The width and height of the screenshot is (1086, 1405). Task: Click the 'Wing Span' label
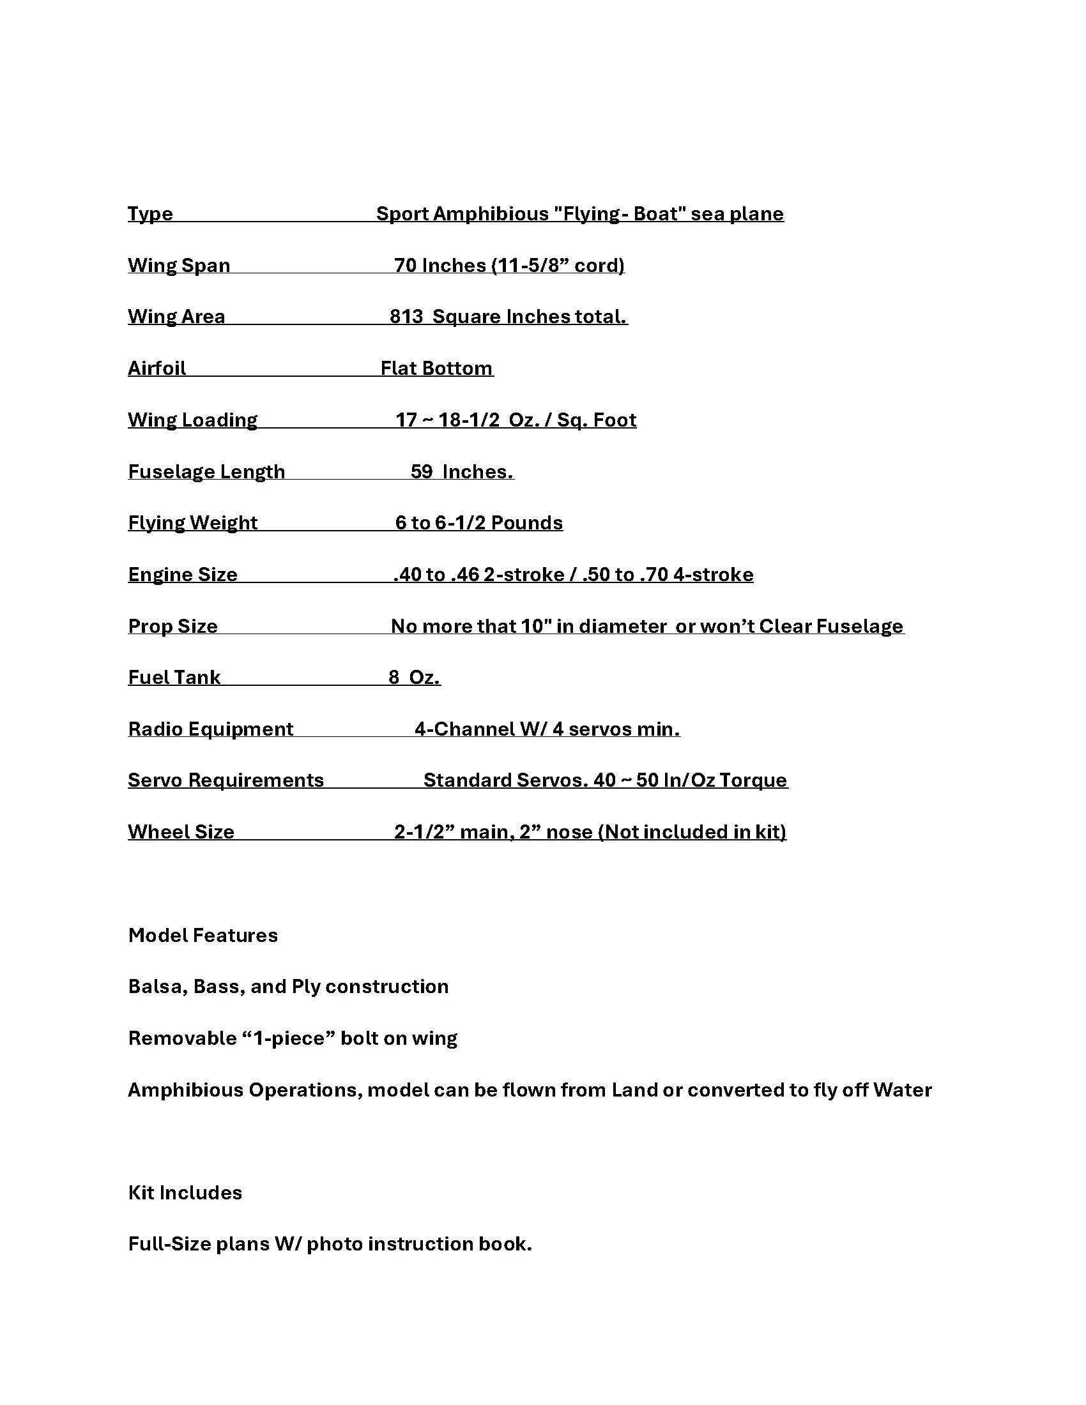coord(179,266)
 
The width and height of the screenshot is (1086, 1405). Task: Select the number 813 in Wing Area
coord(406,317)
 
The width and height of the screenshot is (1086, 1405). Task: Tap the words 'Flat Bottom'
coord(436,368)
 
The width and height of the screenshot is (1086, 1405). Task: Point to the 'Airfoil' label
coord(157,368)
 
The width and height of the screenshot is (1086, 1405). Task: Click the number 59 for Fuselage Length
coord(422,471)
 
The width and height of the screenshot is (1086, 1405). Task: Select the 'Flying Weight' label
coord(192,523)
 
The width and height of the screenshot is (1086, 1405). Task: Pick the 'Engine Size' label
coord(183,575)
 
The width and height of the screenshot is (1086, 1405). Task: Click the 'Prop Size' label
coord(172,627)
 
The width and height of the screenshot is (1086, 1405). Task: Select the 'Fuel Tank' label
coord(174,678)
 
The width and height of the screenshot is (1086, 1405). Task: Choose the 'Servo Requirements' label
coord(226,780)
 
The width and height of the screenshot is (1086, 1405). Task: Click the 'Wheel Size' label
coord(181,832)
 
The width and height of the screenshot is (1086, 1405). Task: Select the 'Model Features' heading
coord(203,936)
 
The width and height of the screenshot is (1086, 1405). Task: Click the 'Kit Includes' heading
coord(185,1193)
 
